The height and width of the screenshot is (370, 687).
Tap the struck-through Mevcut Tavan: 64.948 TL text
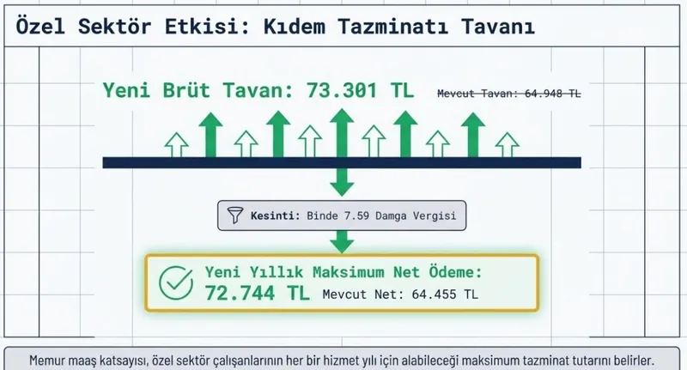click(x=508, y=94)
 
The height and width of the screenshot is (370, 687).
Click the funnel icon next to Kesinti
click(x=236, y=215)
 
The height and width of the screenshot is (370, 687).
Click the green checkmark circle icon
click(x=177, y=283)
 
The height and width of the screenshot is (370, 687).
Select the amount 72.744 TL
click(x=257, y=293)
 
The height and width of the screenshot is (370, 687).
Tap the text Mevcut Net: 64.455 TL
click(x=400, y=294)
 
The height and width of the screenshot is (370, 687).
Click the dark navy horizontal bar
click(x=342, y=162)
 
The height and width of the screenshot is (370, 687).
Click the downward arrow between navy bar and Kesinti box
click(x=342, y=181)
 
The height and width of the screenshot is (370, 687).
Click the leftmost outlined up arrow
click(x=176, y=144)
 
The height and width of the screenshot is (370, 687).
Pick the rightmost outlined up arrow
click(x=508, y=144)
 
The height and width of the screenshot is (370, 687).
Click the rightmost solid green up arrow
click(x=471, y=135)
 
